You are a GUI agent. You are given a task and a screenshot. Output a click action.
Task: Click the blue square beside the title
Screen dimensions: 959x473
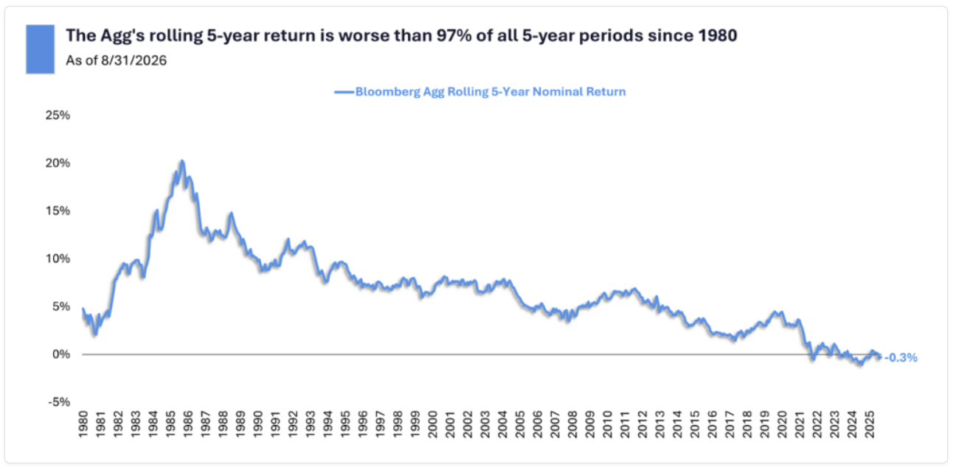[x=41, y=49]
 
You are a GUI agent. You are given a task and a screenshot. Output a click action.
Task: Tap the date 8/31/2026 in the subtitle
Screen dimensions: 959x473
[x=134, y=60]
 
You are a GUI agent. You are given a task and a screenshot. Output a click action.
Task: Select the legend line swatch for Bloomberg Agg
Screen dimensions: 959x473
[x=344, y=92]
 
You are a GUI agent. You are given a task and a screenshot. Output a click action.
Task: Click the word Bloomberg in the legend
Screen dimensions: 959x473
[x=388, y=92]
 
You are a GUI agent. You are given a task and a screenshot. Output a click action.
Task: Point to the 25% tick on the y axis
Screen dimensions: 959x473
[x=58, y=115]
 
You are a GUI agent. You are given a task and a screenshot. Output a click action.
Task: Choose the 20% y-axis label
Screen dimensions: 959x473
[x=58, y=163]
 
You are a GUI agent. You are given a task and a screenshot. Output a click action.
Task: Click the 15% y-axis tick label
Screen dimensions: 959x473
[x=58, y=211]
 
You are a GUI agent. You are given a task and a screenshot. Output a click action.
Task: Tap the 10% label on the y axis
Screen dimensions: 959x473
[x=58, y=259]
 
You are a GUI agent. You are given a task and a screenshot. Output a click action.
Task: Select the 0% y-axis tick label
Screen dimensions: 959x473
[x=61, y=354]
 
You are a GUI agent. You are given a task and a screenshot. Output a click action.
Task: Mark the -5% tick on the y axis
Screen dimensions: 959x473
[x=59, y=402]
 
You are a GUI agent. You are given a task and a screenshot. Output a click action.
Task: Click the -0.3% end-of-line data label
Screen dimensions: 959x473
[x=901, y=358]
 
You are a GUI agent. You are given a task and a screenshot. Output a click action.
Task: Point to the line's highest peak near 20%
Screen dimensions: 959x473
[x=182, y=161]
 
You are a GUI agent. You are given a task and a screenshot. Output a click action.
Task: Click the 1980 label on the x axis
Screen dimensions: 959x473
[x=83, y=424]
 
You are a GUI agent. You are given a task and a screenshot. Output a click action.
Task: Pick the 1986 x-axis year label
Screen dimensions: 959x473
[x=188, y=424]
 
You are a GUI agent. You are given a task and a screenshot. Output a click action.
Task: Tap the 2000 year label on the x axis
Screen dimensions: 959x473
[x=433, y=424]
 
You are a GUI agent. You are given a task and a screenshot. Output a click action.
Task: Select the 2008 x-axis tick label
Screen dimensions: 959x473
[x=573, y=424]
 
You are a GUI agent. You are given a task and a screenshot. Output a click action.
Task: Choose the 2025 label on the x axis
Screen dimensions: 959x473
[x=870, y=424]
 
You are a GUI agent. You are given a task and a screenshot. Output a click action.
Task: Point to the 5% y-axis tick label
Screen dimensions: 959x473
[x=61, y=306]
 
